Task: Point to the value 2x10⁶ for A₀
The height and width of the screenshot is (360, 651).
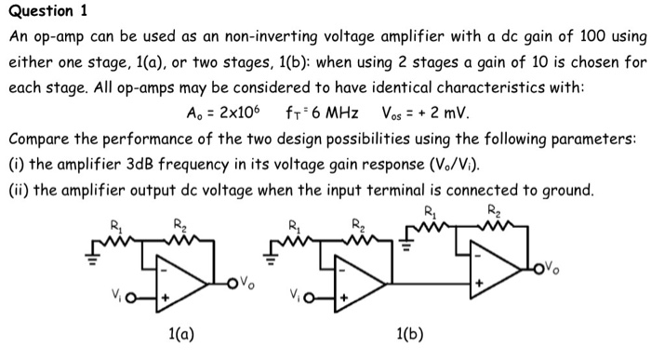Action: pos(237,115)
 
